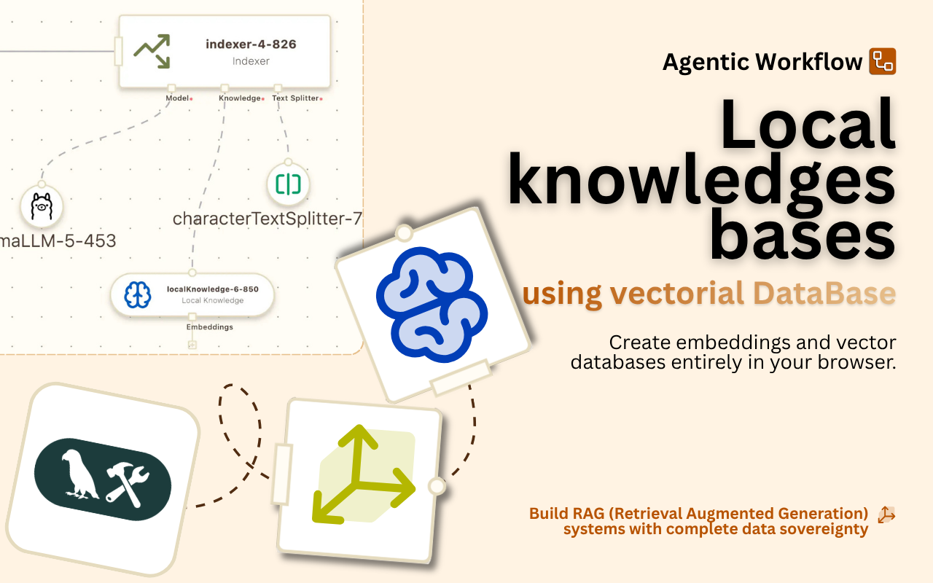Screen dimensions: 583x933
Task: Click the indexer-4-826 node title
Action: tap(251, 44)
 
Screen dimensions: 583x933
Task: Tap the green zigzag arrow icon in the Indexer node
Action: tap(152, 51)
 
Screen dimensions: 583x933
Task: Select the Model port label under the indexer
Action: tap(177, 98)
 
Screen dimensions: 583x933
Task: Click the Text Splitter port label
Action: tap(295, 98)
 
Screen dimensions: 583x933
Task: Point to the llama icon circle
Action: tap(42, 207)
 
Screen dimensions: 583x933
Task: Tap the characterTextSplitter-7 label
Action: tap(267, 219)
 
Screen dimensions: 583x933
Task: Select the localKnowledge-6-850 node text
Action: tap(212, 289)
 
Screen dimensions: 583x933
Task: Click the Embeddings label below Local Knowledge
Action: tap(209, 327)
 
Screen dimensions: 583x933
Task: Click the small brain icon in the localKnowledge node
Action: tap(137, 294)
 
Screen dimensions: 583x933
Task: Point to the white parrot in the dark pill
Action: tap(80, 474)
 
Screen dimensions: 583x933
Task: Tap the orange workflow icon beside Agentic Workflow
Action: tap(882, 62)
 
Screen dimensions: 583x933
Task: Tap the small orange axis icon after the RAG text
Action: tap(886, 514)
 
